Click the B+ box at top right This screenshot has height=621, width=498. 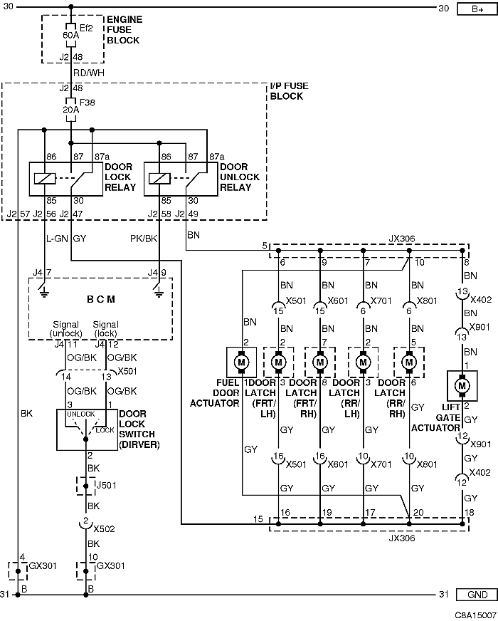[x=477, y=9]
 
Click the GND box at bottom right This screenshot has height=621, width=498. [x=477, y=595]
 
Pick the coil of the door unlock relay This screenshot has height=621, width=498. [x=159, y=179]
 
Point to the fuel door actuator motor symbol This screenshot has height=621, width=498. [x=241, y=362]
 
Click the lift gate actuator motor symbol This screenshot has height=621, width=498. [x=462, y=385]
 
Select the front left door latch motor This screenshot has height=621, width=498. [x=278, y=362]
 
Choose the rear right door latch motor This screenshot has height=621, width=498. [x=409, y=362]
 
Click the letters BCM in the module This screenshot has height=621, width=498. [x=101, y=299]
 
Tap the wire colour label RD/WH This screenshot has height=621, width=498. [x=89, y=73]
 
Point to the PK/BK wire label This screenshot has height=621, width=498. [x=144, y=239]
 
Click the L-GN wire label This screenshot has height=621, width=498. [x=58, y=239]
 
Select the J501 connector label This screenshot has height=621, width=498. [x=107, y=485]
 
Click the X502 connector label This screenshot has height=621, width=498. [x=104, y=528]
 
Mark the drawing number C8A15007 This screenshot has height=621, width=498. [x=475, y=615]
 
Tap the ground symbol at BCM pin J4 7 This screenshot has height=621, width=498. [x=44, y=292]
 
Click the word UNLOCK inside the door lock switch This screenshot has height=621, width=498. [x=80, y=414]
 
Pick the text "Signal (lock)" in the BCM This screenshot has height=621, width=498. [x=105, y=329]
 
